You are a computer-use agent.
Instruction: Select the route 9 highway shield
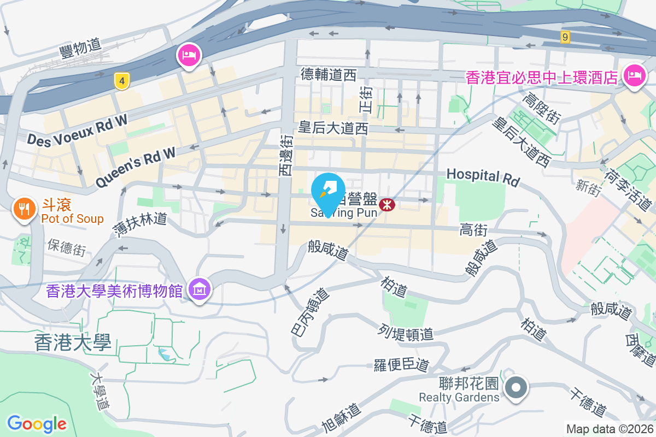[x=565, y=37]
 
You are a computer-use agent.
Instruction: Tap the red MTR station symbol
[x=387, y=204]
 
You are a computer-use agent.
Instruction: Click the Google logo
[x=37, y=423]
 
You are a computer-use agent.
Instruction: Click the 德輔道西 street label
[x=329, y=74]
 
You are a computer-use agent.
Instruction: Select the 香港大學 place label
[x=73, y=342]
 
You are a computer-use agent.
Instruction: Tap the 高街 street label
[x=473, y=230]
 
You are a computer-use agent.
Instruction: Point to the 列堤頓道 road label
[x=406, y=332]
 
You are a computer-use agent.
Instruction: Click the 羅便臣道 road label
[x=402, y=365]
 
